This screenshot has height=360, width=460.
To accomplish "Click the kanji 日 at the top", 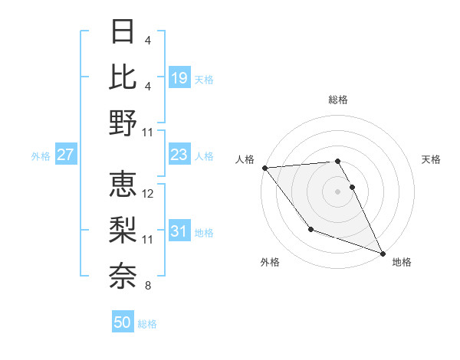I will point(123,33).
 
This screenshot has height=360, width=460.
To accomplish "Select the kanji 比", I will point(123,77).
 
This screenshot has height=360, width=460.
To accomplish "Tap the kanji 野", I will point(123,123).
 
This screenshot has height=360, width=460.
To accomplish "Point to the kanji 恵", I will point(123,184).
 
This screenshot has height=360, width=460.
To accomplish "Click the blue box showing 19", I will point(179,77).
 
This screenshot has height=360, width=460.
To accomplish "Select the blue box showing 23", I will point(179,155).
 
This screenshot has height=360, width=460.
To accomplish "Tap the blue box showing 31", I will point(179,232).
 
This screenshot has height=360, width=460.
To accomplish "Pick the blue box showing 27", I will point(66,155).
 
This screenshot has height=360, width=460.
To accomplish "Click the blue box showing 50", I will point(123,322).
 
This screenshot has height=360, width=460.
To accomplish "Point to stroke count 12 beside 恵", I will point(149,194).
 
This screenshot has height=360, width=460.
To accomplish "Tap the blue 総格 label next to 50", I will point(147,324).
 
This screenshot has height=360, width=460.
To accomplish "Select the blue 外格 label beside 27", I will point(41,156).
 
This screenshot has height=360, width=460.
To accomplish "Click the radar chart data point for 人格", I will point(264,168).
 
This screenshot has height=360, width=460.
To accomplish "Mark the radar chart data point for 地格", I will point(383,254).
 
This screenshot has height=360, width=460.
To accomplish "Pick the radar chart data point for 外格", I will point(310,229).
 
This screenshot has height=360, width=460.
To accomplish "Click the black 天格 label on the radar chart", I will point(432,159).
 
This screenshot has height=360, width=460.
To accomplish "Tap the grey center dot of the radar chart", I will point(337,191).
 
